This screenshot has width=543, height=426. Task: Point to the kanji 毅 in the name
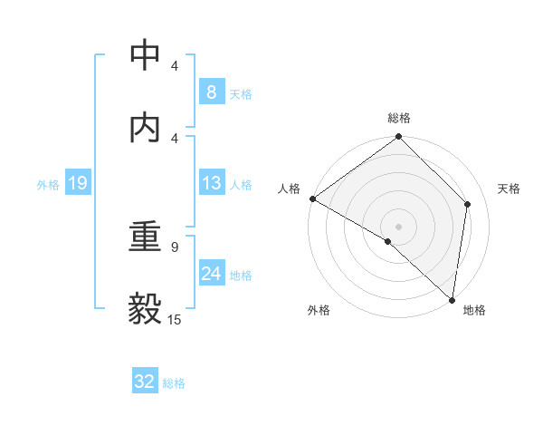(x=146, y=308)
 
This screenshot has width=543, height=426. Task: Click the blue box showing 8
(x=211, y=92)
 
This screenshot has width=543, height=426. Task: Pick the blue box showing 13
(x=211, y=183)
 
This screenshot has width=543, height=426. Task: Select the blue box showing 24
(x=211, y=274)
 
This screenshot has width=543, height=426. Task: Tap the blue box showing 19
(x=78, y=183)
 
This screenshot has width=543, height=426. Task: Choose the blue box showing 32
(x=145, y=382)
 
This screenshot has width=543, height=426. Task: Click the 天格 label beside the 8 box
(x=241, y=93)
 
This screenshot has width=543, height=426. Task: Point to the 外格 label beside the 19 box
(x=48, y=184)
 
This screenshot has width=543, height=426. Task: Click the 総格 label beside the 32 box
(x=174, y=382)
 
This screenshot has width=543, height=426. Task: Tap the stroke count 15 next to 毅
(x=174, y=318)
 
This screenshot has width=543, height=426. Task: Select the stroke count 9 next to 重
(x=174, y=246)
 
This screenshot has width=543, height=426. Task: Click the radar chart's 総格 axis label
(x=399, y=118)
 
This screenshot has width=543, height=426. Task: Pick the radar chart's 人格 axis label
(x=289, y=189)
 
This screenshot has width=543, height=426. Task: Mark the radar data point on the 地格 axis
(x=452, y=300)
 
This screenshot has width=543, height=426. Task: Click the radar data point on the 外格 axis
(x=388, y=241)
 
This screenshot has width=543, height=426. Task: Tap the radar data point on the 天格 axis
(x=468, y=204)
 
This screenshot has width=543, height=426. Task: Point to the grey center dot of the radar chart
(x=399, y=226)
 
